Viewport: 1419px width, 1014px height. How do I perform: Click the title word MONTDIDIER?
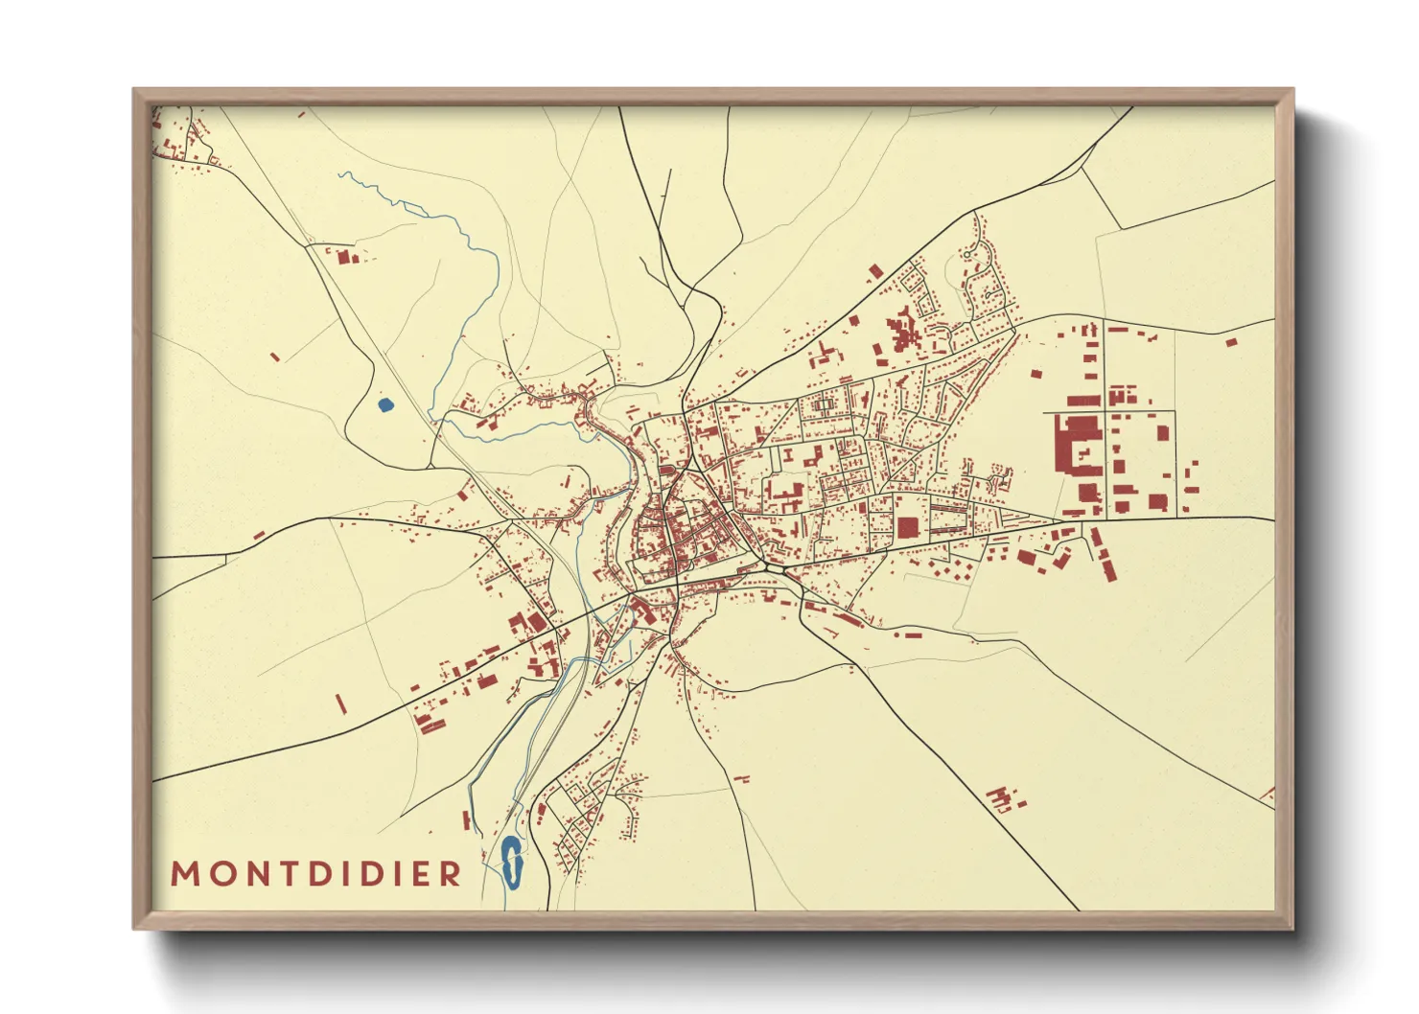tap(316, 873)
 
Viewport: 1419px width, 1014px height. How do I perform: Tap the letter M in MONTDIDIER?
tap(184, 873)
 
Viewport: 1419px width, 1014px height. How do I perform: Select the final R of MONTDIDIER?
tap(450, 873)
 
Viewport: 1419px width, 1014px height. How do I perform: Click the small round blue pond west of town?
tap(385, 405)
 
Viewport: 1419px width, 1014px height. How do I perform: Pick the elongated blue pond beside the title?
tap(511, 861)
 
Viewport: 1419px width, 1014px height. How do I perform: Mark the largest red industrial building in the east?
tap(1076, 445)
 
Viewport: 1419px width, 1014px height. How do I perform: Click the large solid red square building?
tap(907, 527)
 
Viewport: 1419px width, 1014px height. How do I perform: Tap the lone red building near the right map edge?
tap(1231, 341)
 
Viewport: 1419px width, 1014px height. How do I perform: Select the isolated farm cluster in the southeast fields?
tap(1003, 797)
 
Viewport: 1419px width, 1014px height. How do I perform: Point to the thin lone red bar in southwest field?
tap(340, 704)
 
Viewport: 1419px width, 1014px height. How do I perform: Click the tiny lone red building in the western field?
tap(275, 357)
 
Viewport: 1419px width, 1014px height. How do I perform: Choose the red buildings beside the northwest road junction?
tap(345, 256)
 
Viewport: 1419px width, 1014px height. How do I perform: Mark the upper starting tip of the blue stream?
tap(339, 174)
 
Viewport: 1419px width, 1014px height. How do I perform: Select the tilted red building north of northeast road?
tap(874, 272)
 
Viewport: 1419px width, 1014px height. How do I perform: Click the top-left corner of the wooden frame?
tap(134, 90)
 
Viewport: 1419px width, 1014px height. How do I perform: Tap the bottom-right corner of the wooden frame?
tap(1292, 928)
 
